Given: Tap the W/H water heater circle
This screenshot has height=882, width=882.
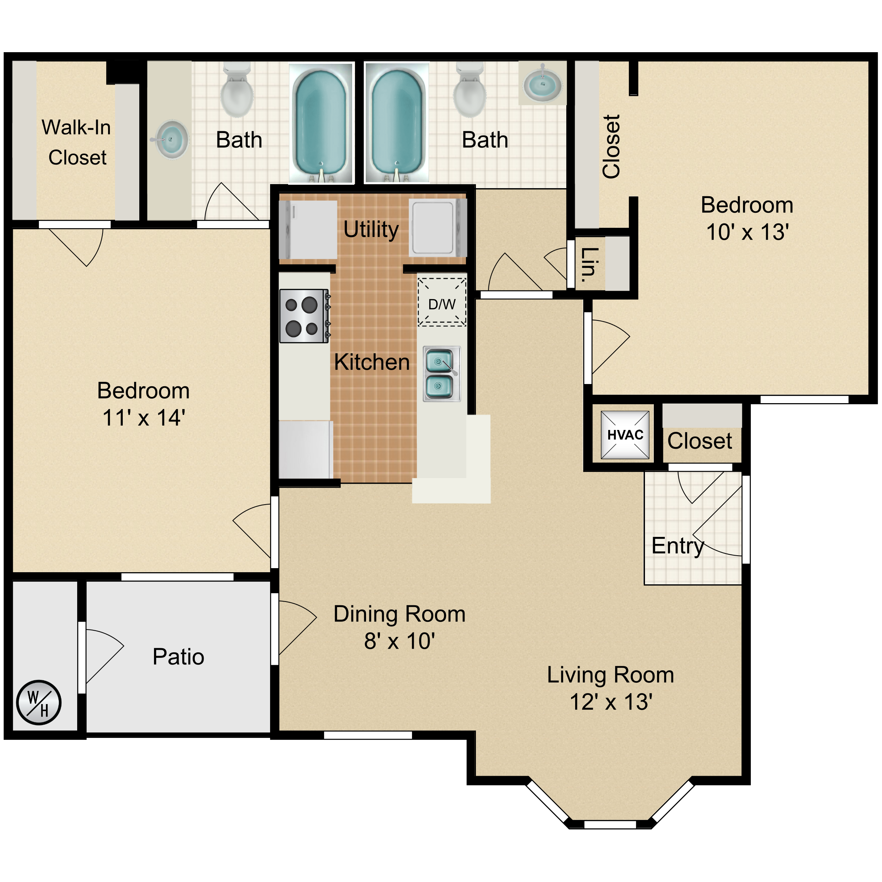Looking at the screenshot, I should (x=39, y=703).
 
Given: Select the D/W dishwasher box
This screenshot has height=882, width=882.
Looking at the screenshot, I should (x=442, y=302).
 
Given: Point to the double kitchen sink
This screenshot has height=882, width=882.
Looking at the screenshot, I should (x=441, y=374).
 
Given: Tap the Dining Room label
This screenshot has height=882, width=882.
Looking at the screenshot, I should (x=399, y=614).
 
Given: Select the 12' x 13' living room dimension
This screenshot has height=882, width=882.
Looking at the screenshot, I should (x=610, y=702).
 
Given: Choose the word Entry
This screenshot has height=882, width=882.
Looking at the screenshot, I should (x=677, y=545).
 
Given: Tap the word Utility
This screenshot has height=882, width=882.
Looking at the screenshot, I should (x=371, y=229).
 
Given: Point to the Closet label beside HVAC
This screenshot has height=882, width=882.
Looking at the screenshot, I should (x=699, y=441).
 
